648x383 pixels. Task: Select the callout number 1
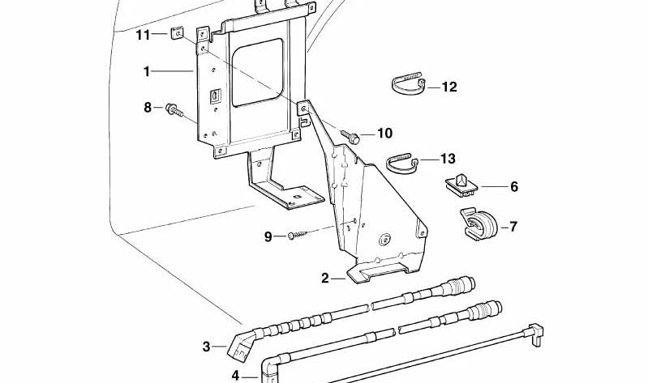[x=147, y=72]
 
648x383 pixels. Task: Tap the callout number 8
[x=147, y=107]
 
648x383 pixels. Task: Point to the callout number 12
[x=449, y=87]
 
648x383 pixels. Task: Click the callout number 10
[x=384, y=133]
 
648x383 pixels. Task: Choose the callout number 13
[x=448, y=159]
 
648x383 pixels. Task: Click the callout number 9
[x=268, y=236]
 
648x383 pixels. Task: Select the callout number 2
[x=325, y=279]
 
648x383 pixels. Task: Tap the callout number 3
[x=206, y=347]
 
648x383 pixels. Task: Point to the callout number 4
[x=235, y=375]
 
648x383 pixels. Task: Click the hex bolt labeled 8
[x=173, y=109]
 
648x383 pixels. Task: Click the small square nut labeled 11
[x=175, y=34]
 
